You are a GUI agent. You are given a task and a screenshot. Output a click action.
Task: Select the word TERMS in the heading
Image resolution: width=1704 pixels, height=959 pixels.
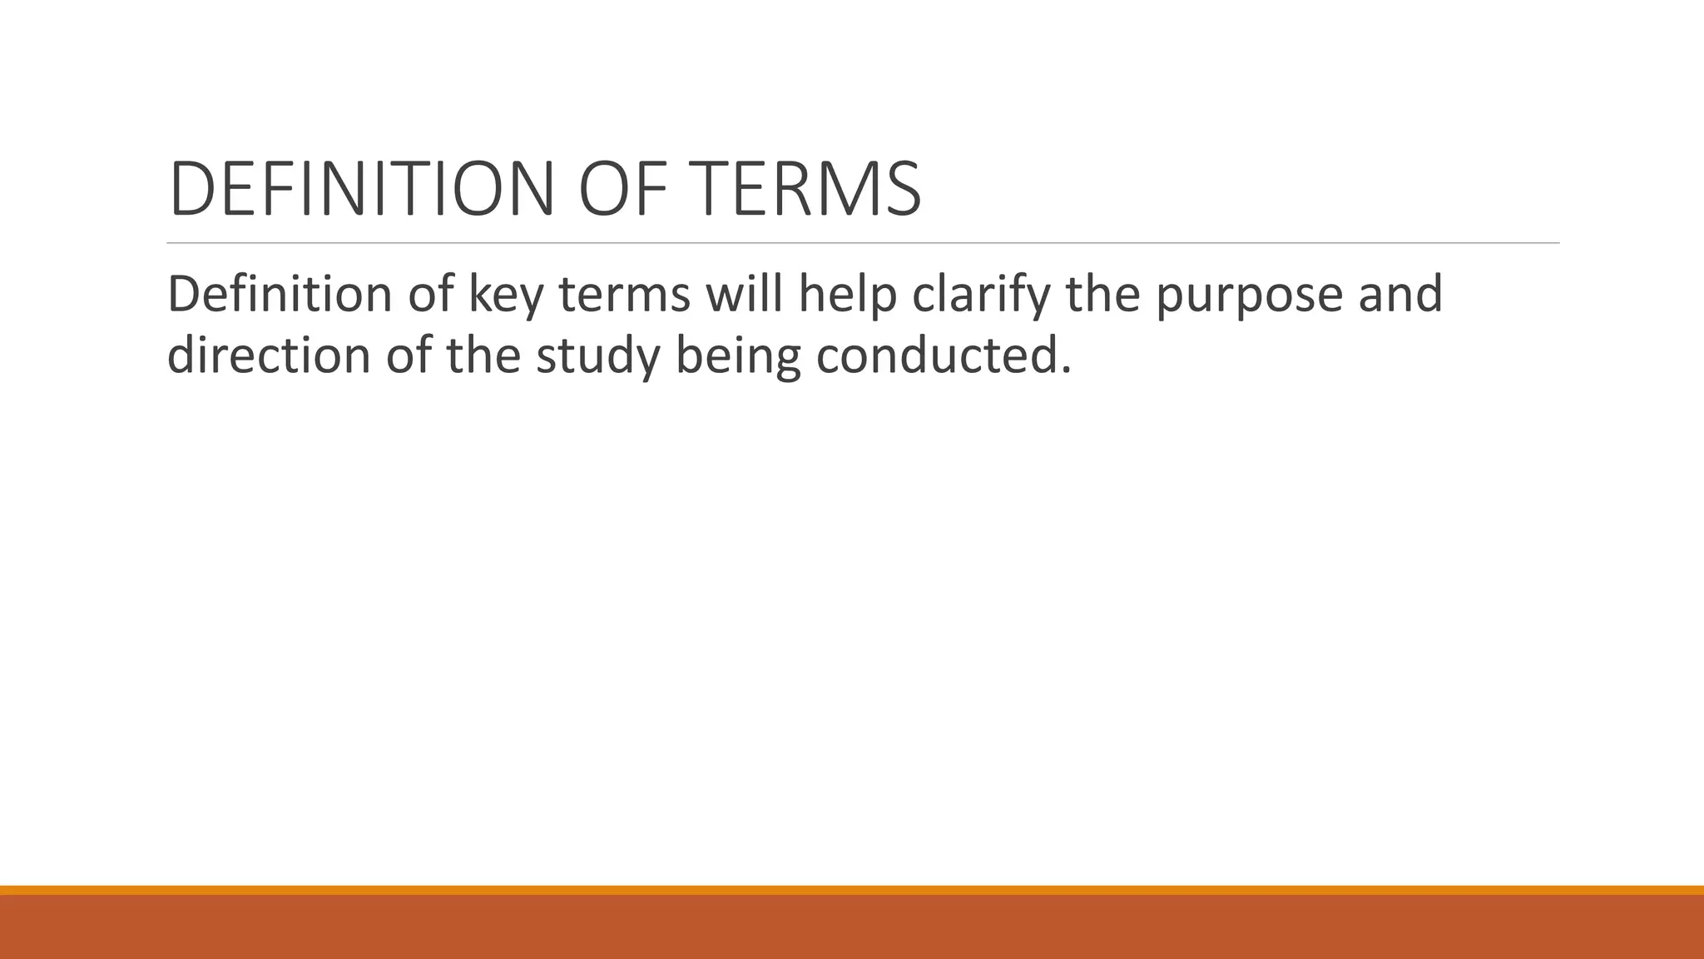[808, 189]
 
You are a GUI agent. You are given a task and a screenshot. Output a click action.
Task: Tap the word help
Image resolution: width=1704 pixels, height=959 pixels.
[847, 296]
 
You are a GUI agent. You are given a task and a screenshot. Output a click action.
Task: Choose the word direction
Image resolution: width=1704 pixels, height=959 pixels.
[269, 355]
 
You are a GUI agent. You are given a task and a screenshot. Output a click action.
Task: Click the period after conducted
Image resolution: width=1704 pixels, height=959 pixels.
[1065, 370]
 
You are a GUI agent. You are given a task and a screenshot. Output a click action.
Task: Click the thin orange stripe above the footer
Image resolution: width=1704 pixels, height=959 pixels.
[852, 890]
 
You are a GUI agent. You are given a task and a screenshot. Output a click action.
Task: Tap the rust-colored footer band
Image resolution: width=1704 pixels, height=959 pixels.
[852, 927]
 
